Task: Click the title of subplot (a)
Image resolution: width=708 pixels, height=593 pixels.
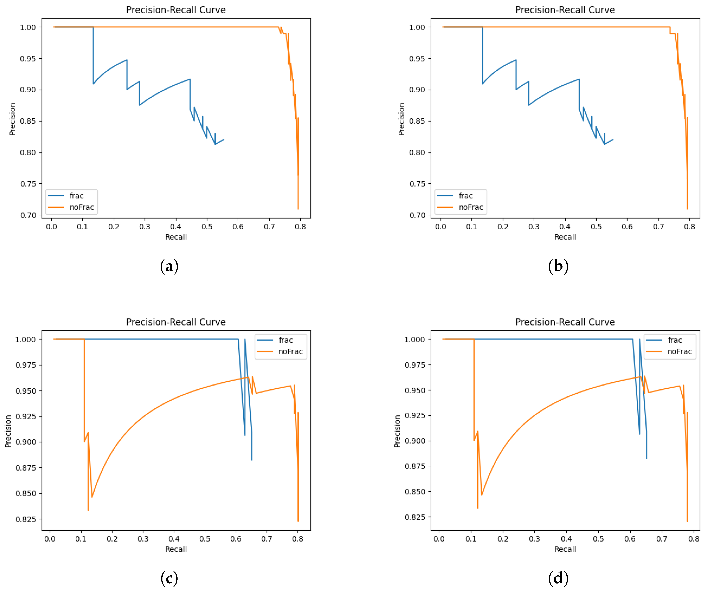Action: [176, 10]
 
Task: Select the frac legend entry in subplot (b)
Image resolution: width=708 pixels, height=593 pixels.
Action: [465, 196]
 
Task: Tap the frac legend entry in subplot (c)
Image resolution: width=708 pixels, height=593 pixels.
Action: [286, 340]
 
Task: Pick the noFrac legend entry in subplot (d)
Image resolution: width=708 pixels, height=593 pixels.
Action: [679, 351]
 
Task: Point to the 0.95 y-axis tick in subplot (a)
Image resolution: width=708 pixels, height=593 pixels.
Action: [28, 59]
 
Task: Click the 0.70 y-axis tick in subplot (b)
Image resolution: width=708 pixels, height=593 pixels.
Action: [417, 215]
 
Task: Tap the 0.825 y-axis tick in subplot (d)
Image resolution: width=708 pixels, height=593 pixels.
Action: [415, 517]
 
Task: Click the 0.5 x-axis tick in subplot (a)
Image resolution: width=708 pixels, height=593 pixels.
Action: [207, 227]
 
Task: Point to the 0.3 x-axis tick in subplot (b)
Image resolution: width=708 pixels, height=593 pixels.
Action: [534, 227]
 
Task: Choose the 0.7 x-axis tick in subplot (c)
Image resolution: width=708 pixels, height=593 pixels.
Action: [266, 539]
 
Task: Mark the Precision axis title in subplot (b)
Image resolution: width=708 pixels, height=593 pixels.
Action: [401, 119]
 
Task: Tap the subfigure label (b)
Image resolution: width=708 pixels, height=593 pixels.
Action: [558, 266]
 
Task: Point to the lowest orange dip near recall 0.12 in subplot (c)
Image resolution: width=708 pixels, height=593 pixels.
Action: [88, 510]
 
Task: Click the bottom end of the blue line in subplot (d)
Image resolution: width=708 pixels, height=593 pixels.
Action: [646, 458]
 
